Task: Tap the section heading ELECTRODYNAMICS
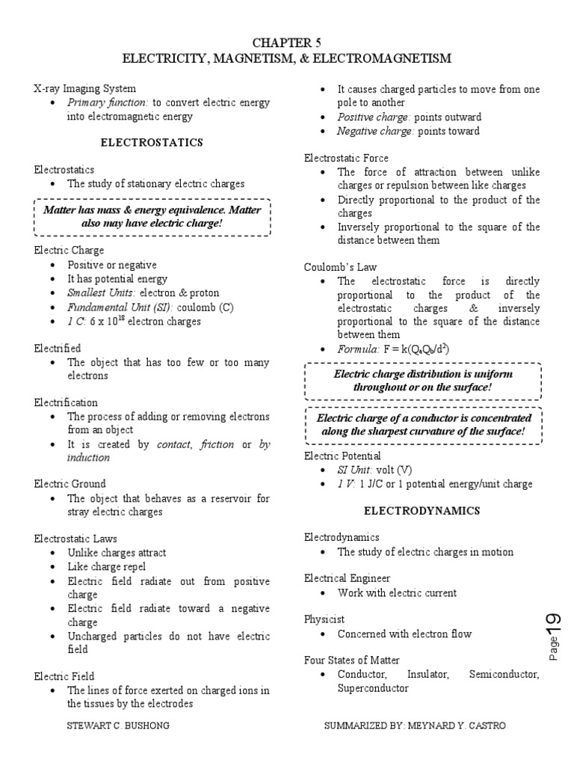coord(422,511)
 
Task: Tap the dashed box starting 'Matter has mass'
coord(153,217)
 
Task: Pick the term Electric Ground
coord(70,484)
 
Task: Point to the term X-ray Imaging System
coord(84,88)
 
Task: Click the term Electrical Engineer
coord(347,578)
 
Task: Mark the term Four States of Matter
coord(351,661)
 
